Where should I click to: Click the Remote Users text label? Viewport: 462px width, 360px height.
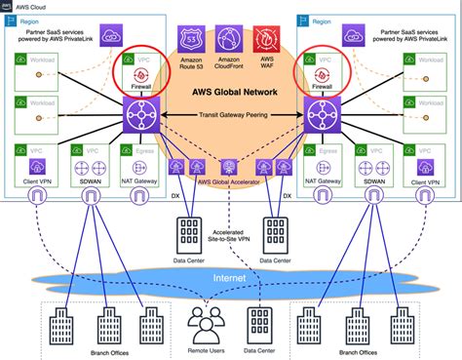[x=208, y=348]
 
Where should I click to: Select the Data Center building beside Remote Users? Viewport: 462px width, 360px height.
[x=259, y=322]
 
